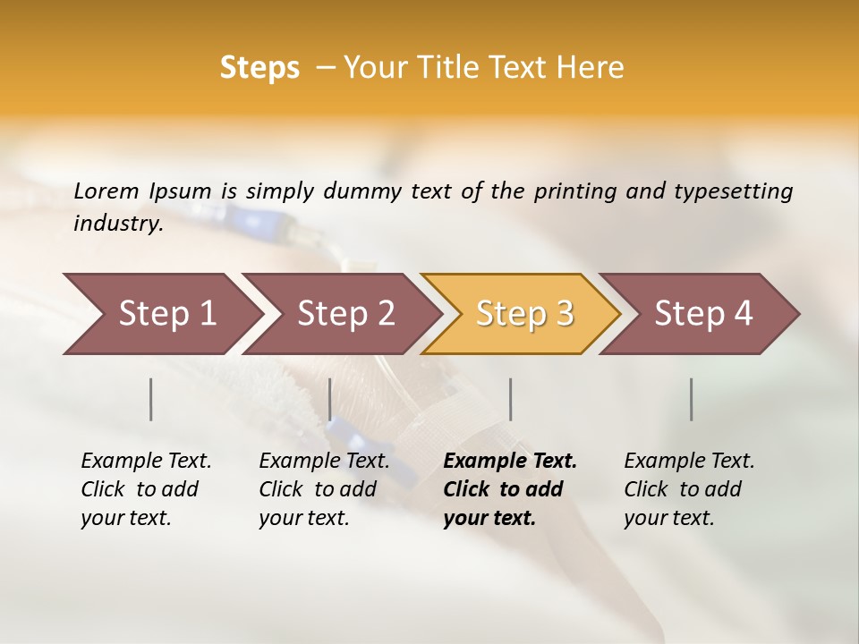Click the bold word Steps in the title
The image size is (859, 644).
point(259,68)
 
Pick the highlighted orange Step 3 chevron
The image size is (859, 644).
point(524,314)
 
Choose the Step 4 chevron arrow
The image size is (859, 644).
point(703,314)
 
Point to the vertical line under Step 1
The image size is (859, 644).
point(151,399)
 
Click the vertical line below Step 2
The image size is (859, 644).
point(330,399)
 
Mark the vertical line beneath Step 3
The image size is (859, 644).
point(511,399)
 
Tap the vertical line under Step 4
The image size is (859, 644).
point(692,399)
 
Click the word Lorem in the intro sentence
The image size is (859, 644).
point(106,191)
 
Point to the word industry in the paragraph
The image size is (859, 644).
point(118,224)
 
